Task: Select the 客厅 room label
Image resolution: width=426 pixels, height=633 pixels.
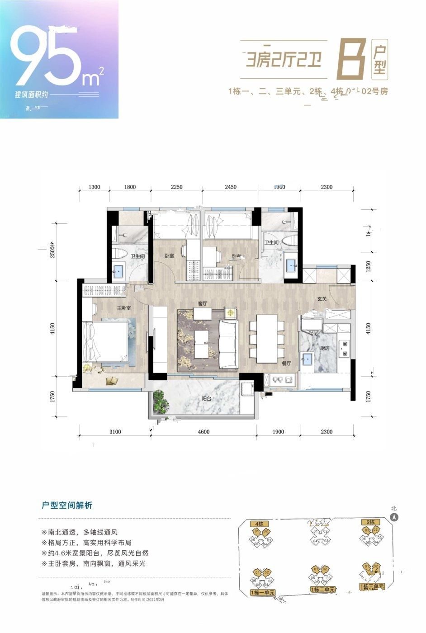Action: click(x=202, y=303)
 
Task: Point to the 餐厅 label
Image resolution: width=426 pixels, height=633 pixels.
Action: click(x=286, y=363)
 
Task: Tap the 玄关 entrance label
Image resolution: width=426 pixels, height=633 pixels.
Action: click(x=322, y=298)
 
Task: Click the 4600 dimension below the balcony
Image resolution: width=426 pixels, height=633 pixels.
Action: click(x=204, y=432)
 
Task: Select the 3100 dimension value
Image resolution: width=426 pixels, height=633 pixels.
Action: click(x=115, y=432)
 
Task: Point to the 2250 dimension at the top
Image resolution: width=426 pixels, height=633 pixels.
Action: click(x=176, y=187)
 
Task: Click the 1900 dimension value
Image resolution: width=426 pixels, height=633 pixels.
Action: click(x=279, y=432)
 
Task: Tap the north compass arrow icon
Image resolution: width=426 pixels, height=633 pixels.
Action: click(x=394, y=517)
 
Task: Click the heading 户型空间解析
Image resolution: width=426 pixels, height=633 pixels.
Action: click(x=66, y=505)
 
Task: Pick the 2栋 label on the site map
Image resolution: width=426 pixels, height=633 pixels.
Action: click(x=370, y=522)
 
